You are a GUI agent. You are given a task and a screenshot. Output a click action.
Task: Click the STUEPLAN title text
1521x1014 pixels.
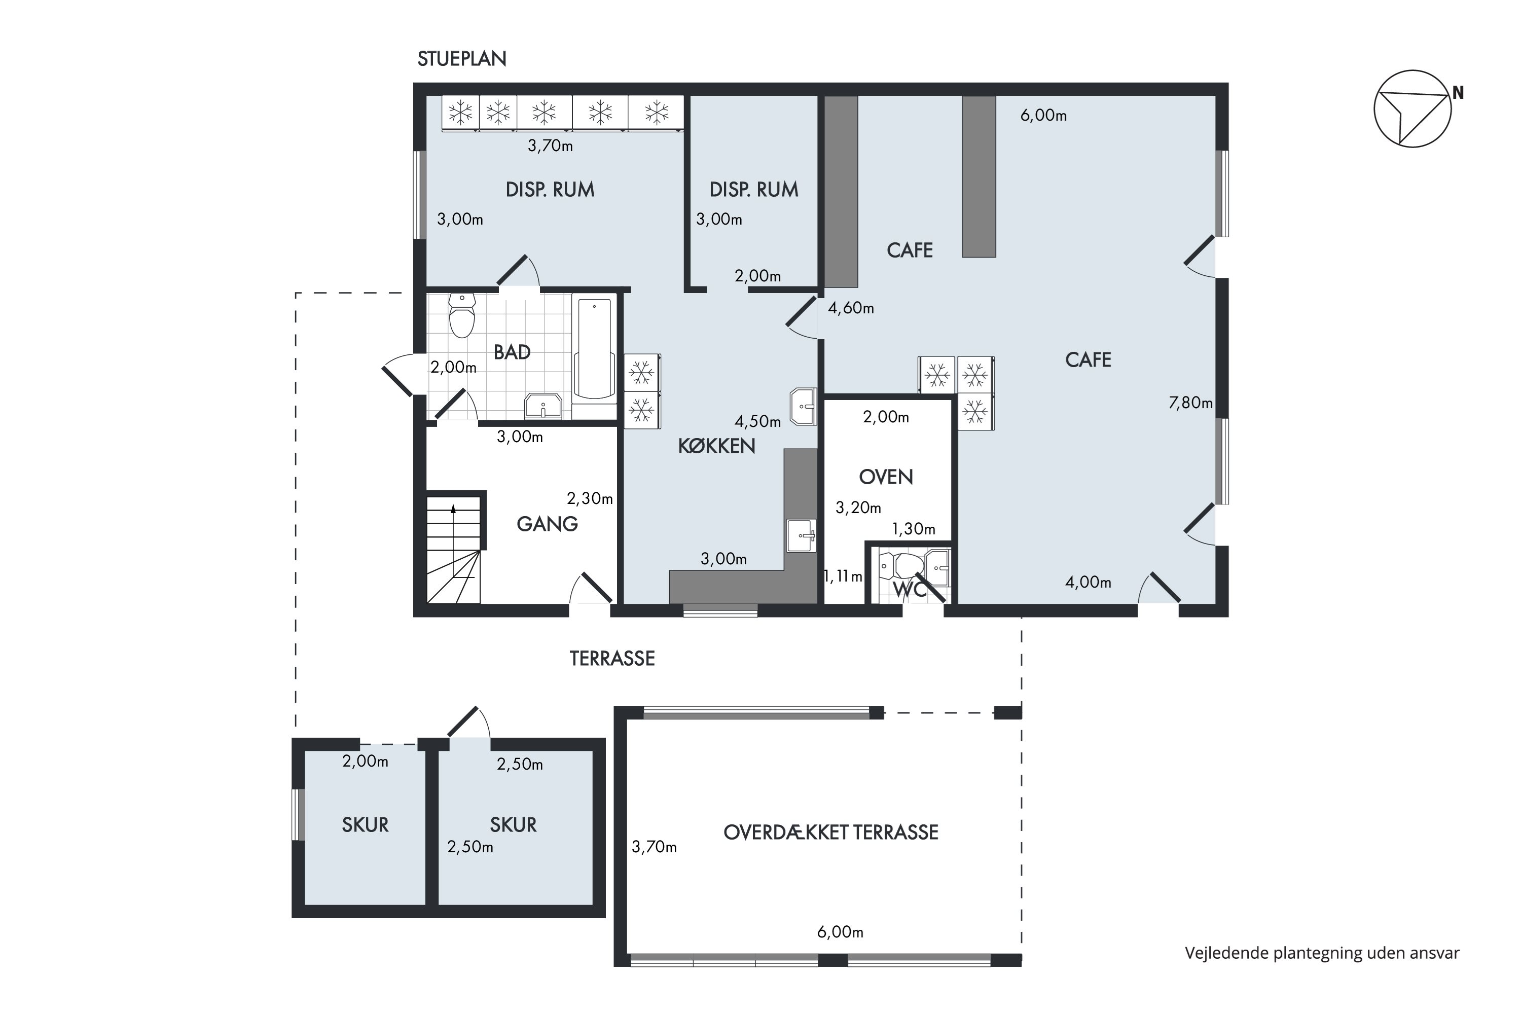[462, 59]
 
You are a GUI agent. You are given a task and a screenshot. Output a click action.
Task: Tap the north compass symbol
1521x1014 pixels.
[1413, 108]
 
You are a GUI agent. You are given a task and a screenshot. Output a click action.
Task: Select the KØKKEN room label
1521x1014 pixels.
[716, 446]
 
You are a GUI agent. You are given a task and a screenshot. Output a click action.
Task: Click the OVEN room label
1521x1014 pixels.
[886, 477]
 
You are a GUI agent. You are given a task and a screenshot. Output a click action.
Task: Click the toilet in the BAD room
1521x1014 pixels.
[462, 315]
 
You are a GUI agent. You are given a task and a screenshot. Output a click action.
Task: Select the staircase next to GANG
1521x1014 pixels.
[453, 550]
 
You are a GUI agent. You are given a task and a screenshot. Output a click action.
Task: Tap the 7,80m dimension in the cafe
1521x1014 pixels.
[1190, 403]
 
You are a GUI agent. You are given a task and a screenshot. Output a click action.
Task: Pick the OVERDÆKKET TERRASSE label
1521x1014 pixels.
[831, 832]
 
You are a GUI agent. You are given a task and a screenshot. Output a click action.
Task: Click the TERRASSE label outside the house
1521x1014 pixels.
[612, 658]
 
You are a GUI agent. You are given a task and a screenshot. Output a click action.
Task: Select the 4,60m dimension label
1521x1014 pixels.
[851, 308]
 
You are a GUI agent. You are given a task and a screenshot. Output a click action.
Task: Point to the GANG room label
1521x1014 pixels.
[547, 524]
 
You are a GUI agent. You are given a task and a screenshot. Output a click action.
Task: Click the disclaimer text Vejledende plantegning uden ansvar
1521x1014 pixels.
[1322, 953]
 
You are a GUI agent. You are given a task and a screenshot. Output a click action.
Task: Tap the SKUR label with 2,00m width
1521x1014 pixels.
[366, 824]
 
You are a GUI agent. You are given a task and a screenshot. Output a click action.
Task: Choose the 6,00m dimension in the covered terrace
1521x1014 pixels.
[841, 932]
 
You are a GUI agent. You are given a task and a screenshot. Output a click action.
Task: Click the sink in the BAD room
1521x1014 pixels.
[543, 406]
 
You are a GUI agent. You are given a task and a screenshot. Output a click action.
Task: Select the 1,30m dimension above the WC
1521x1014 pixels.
[914, 529]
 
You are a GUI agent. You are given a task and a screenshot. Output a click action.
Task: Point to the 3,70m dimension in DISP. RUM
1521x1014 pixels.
[550, 146]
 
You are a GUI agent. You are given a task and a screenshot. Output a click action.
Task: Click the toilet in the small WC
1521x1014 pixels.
[903, 566]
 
